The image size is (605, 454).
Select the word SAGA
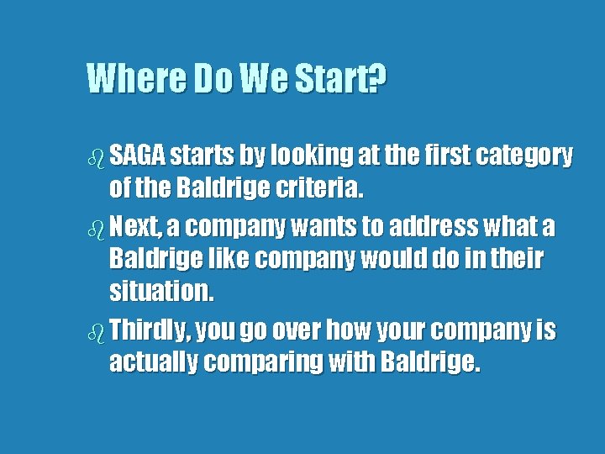pyautogui.click(x=139, y=156)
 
